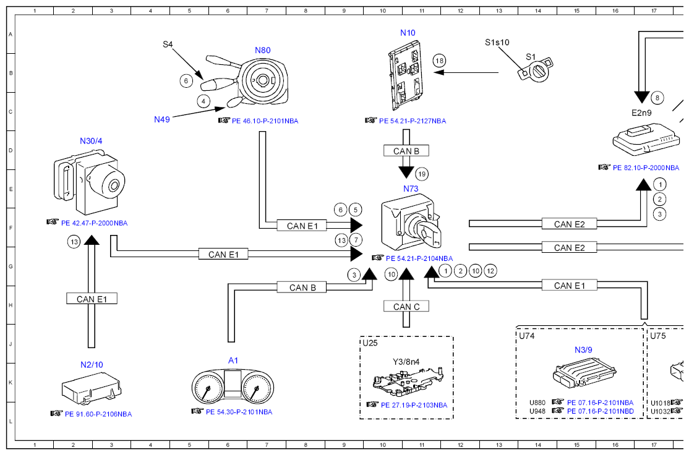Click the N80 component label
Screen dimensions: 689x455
point(263,50)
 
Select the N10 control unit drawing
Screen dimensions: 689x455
point(406,75)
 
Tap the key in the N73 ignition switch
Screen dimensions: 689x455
point(430,230)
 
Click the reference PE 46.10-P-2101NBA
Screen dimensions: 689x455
point(265,121)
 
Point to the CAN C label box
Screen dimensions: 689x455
point(406,307)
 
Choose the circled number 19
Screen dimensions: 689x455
point(422,174)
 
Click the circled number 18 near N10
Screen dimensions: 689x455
point(439,61)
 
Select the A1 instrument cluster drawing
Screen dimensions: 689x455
point(233,386)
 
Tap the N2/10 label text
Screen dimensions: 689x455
point(92,365)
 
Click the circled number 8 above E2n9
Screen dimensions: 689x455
point(657,98)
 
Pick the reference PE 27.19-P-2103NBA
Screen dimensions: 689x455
point(414,405)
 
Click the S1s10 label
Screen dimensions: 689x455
point(497,42)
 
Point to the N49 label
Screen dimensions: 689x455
point(161,119)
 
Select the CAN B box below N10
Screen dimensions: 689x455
point(406,151)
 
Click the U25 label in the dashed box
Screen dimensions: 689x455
point(370,343)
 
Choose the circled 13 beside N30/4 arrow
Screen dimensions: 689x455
point(74,242)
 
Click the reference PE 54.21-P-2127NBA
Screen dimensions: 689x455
point(412,121)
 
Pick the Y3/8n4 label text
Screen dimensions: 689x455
point(406,362)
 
